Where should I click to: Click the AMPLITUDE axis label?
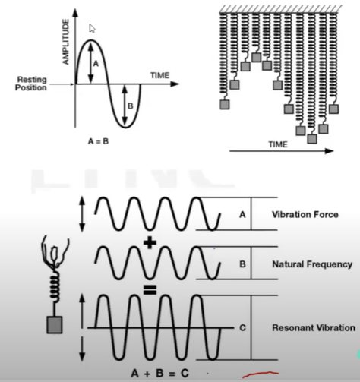tap(65, 42)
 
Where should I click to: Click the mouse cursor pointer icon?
tap(92, 29)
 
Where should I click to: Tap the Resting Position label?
tap(31, 84)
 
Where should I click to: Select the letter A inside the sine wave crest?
tap(96, 64)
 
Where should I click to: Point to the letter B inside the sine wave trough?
tap(131, 106)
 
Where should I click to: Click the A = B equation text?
tap(98, 141)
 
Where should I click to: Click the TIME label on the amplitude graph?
tap(159, 75)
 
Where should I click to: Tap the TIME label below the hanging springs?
tap(278, 144)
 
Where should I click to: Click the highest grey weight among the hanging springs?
tap(257, 57)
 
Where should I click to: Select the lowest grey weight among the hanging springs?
tap(312, 139)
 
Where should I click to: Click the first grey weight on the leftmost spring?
tap(225, 105)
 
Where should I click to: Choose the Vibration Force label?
tap(305, 215)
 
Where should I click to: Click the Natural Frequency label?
tap(312, 264)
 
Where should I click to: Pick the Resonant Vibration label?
tap(314, 328)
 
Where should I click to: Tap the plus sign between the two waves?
tap(150, 243)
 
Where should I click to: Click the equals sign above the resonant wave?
tap(150, 290)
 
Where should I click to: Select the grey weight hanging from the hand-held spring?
tap(55, 325)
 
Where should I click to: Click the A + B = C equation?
tap(160, 374)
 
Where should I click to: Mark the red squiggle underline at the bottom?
tap(261, 374)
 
